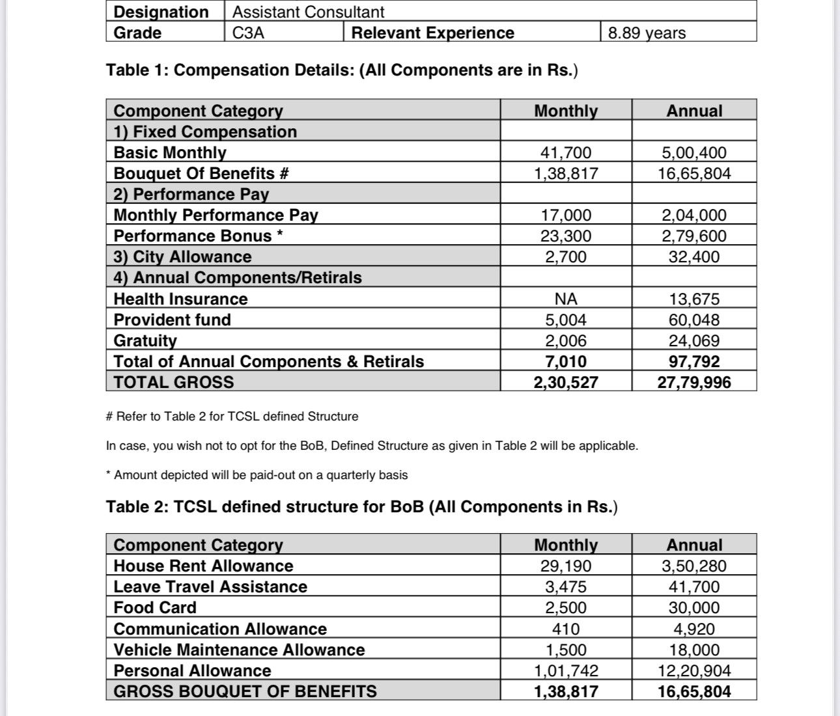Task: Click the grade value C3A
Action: pos(248,33)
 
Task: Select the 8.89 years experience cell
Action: pos(647,33)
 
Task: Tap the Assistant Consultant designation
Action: pos(308,12)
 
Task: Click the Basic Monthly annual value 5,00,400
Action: pos(694,152)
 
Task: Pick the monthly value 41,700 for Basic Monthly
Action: pos(566,152)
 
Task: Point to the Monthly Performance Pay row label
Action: pos(216,215)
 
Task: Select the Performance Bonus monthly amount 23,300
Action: pos(566,236)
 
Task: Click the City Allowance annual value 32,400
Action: pos(694,256)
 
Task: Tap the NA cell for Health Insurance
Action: pos(566,299)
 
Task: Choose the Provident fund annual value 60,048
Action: pos(694,320)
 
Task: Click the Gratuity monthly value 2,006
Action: pos(566,340)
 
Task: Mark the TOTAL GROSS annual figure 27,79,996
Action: pos(694,382)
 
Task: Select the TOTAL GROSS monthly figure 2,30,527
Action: pos(566,382)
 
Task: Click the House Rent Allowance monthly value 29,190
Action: pos(566,566)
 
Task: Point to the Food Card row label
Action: pos(155,607)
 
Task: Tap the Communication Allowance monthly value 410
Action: pos(566,629)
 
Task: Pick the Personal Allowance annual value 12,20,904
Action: pos(694,670)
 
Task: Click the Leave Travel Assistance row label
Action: pos(210,586)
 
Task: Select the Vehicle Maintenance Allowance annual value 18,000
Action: pos(694,650)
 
